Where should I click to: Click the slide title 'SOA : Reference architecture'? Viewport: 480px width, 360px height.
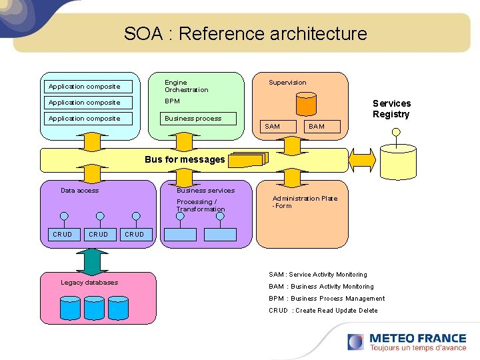click(245, 34)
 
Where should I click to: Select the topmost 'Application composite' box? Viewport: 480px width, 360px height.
click(86, 87)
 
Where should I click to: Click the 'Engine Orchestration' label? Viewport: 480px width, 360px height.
click(187, 86)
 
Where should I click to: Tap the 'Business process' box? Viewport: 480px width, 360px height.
click(193, 119)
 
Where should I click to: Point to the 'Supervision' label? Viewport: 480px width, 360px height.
click(287, 83)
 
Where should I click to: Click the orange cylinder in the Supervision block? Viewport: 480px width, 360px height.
click(306, 104)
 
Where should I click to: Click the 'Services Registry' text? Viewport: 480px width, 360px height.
click(391, 109)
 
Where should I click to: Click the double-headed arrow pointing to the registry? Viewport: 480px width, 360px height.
click(363, 160)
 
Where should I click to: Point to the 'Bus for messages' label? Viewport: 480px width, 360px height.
click(185, 160)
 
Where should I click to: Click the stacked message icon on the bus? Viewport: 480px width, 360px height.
click(247, 159)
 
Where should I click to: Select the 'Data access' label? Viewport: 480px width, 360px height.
click(79, 191)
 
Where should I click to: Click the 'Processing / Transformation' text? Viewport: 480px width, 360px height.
click(201, 205)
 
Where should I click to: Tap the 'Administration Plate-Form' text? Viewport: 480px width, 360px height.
click(305, 202)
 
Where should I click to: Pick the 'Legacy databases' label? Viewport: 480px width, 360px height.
click(89, 283)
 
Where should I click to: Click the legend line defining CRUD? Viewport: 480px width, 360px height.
click(323, 311)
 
